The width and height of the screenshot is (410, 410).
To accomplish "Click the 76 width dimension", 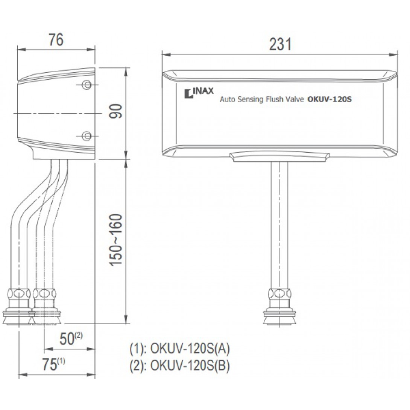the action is (56, 40).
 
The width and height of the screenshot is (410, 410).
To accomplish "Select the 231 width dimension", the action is (280, 44).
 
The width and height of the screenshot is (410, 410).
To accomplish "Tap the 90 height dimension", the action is (115, 111).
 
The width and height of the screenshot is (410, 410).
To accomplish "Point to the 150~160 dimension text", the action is (115, 240).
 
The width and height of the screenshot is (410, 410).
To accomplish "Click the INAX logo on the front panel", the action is (199, 93).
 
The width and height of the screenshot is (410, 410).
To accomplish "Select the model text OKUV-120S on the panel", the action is (330, 99).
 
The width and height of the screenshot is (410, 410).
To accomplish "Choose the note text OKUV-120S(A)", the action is (190, 349).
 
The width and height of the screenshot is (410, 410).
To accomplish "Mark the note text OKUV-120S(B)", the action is (190, 365).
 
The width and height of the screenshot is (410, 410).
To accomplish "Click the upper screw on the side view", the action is (87, 85).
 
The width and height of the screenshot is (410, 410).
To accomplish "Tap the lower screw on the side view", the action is (87, 136).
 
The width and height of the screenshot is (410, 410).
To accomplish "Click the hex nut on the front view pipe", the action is (279, 294).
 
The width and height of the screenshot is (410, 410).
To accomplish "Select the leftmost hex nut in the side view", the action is (19, 294).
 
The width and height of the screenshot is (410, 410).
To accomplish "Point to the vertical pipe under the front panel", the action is (279, 225).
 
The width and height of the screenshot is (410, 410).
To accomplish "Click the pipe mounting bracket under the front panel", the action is (279, 156).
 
